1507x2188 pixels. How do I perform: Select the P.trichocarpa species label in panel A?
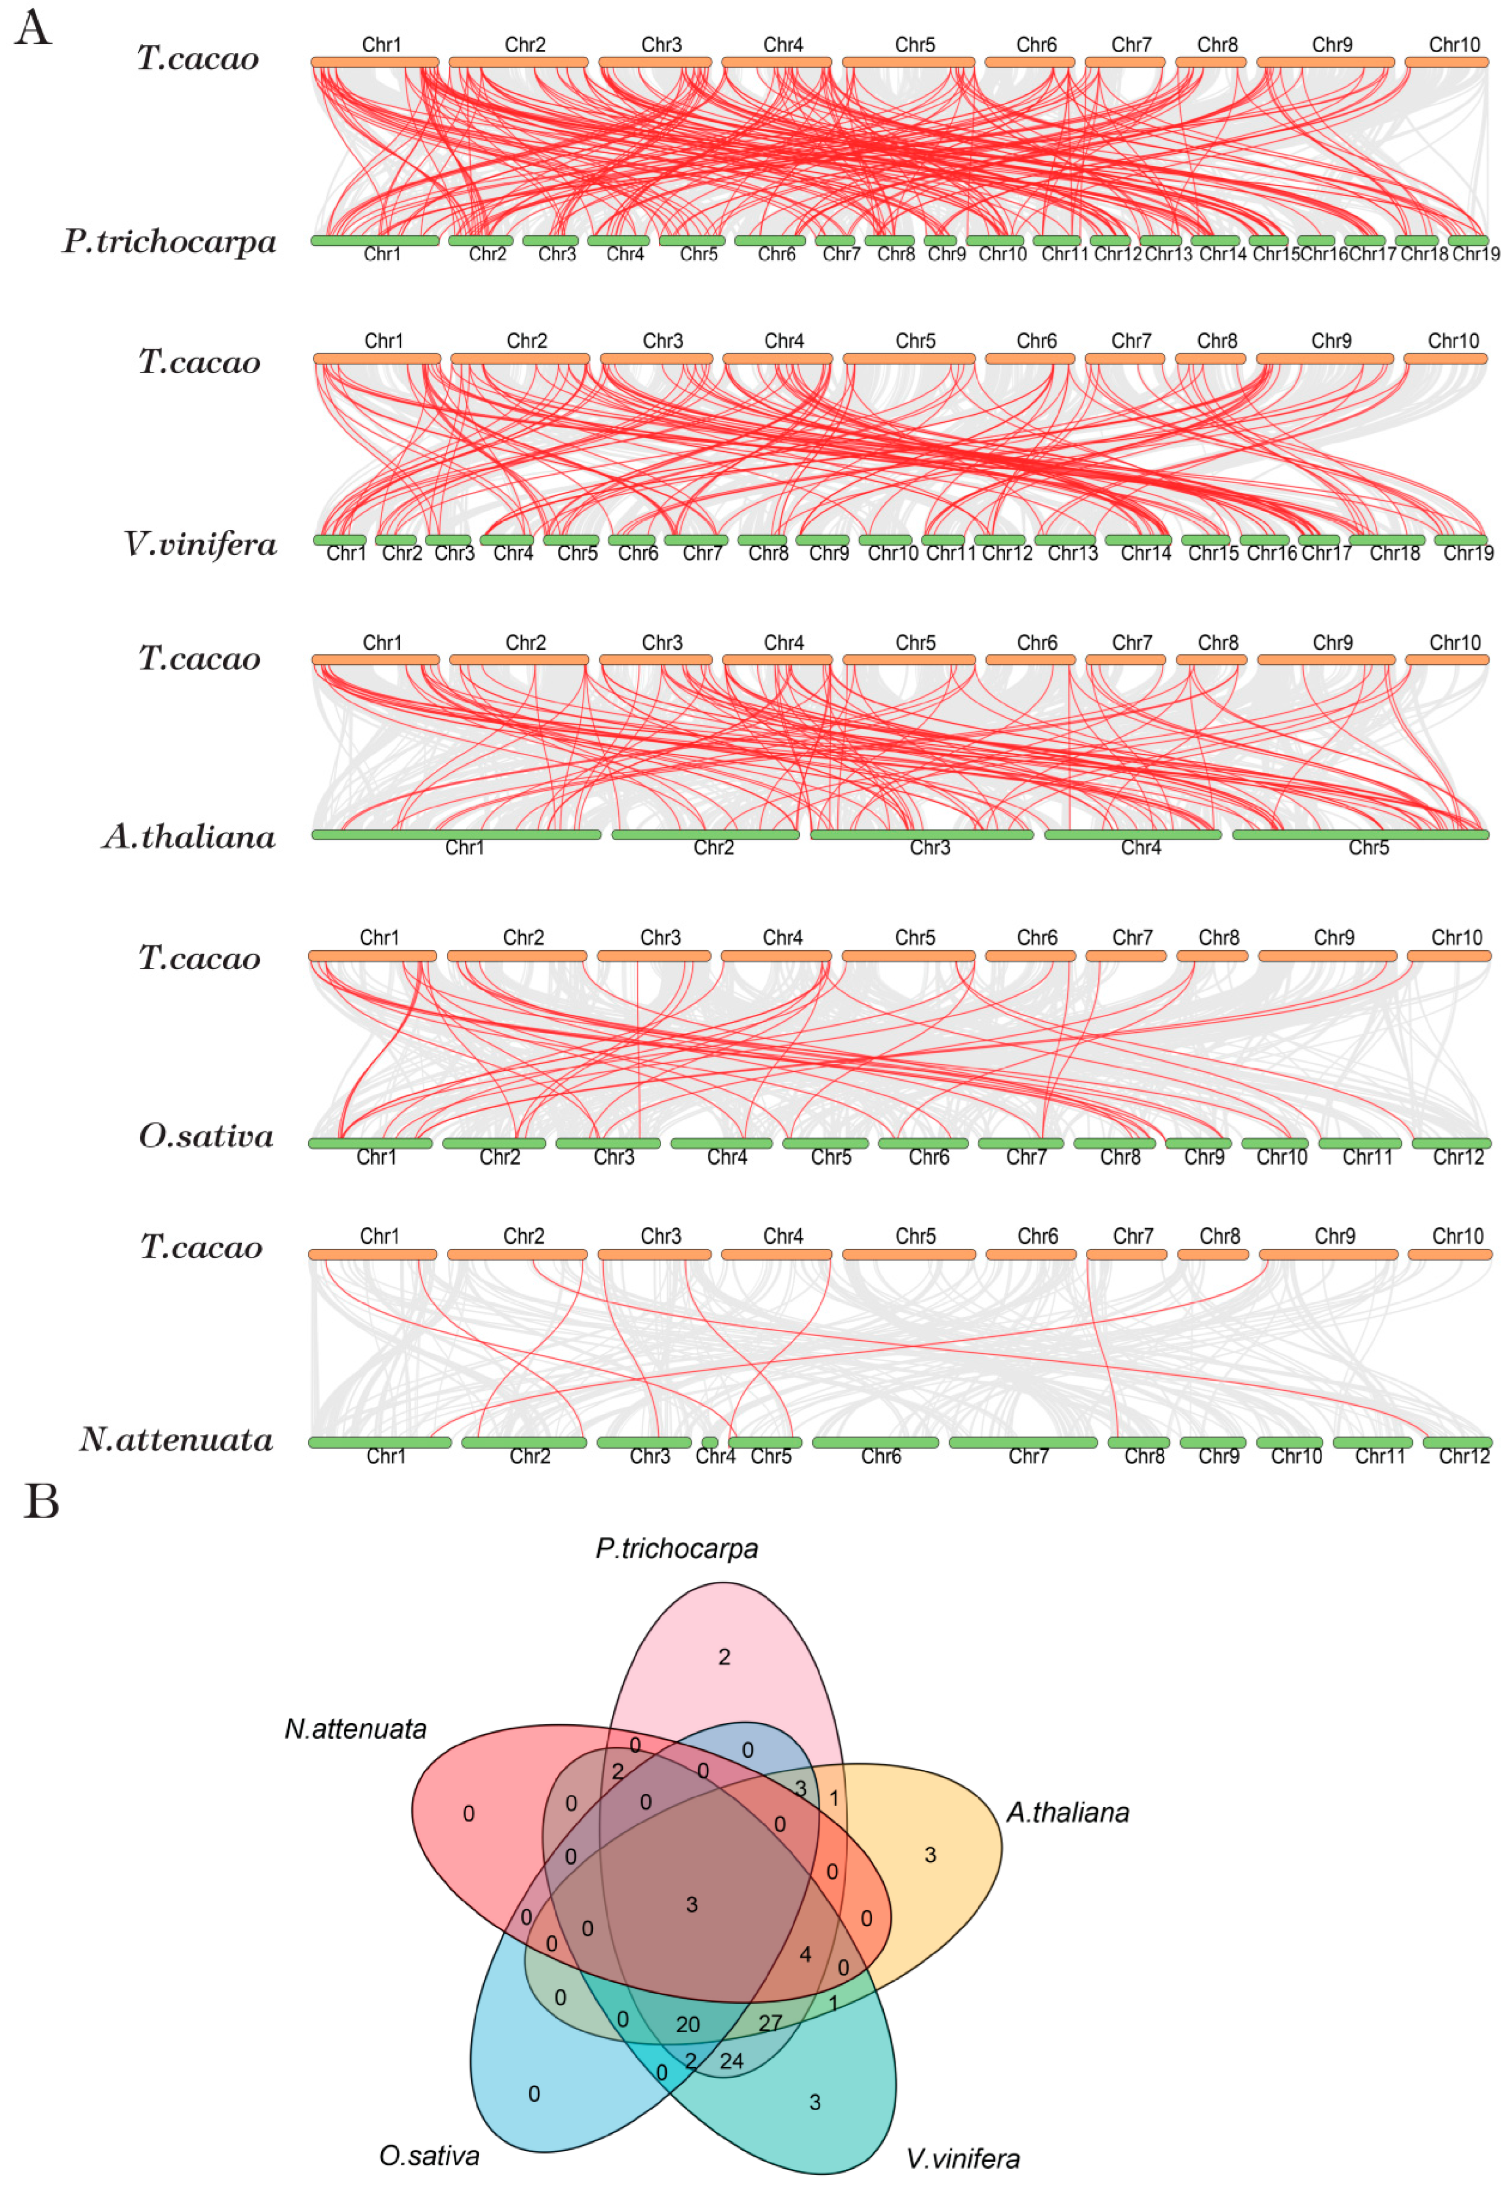[170, 242]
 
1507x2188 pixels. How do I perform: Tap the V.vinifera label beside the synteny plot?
[200, 545]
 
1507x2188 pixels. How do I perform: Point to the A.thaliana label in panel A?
[189, 837]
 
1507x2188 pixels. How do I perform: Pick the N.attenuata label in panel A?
[177, 1439]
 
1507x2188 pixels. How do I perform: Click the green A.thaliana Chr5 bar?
[1360, 834]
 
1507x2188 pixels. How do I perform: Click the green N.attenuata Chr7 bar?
[1023, 1442]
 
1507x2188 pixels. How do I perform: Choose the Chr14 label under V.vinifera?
[1145, 554]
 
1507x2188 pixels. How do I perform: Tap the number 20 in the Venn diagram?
[687, 2025]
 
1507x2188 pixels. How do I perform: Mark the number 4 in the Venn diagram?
[804, 1954]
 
